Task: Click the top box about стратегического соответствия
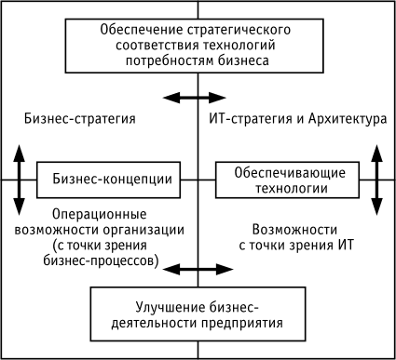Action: [x=197, y=44]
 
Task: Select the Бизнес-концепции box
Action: [x=108, y=179]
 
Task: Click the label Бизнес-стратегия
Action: [x=82, y=119]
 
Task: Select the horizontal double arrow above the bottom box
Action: [x=198, y=269]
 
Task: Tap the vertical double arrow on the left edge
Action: [x=18, y=179]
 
